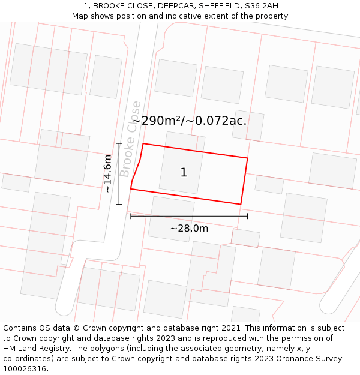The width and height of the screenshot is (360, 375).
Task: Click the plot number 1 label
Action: coord(184,173)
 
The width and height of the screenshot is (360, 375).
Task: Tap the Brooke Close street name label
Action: coord(130,139)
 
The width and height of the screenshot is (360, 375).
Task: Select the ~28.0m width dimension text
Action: coord(189,228)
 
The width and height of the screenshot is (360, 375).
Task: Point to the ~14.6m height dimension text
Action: coord(107,174)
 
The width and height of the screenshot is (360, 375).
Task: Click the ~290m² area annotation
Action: coord(157,121)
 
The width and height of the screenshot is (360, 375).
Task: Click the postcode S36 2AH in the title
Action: coord(262,6)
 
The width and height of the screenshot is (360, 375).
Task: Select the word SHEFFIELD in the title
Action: coord(214,6)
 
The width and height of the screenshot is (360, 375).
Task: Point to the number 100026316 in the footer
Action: coord(24,369)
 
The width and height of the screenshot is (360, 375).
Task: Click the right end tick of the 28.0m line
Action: coord(247,216)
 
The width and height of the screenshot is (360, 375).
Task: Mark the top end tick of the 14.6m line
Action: coord(119,143)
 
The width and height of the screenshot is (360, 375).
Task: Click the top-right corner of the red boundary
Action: coord(247,158)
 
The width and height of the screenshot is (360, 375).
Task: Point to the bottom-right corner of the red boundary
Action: coord(241,204)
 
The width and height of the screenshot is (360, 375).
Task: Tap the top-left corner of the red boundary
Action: coord(143,143)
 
